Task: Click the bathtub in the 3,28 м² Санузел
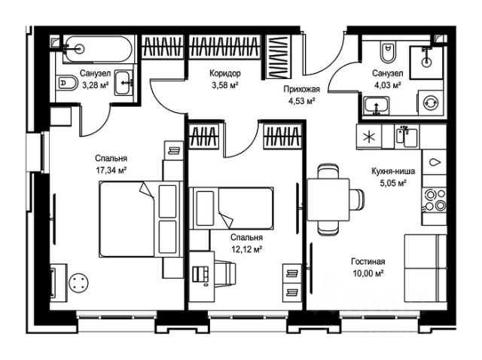pyautogui.click(x=98, y=49)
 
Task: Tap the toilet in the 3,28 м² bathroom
pyautogui.click(x=68, y=83)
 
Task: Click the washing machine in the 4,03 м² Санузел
pyautogui.click(x=430, y=103)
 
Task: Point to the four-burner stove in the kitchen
pyautogui.click(x=434, y=200)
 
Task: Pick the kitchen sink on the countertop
pyautogui.click(x=407, y=136)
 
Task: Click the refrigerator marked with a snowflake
pyautogui.click(x=369, y=137)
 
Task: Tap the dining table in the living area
pyautogui.click(x=328, y=200)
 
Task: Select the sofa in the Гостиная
pyautogui.click(x=425, y=268)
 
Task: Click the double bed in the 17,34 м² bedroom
pyautogui.click(x=139, y=219)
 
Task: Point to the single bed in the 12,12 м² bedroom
pyautogui.click(x=231, y=208)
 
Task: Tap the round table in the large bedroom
pyautogui.click(x=79, y=283)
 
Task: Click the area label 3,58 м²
pyautogui.click(x=225, y=85)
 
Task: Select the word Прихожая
pyautogui.click(x=301, y=89)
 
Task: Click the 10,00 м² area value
pyautogui.click(x=368, y=273)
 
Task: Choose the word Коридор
pyautogui.click(x=225, y=73)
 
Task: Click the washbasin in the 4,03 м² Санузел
pyautogui.click(x=377, y=106)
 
